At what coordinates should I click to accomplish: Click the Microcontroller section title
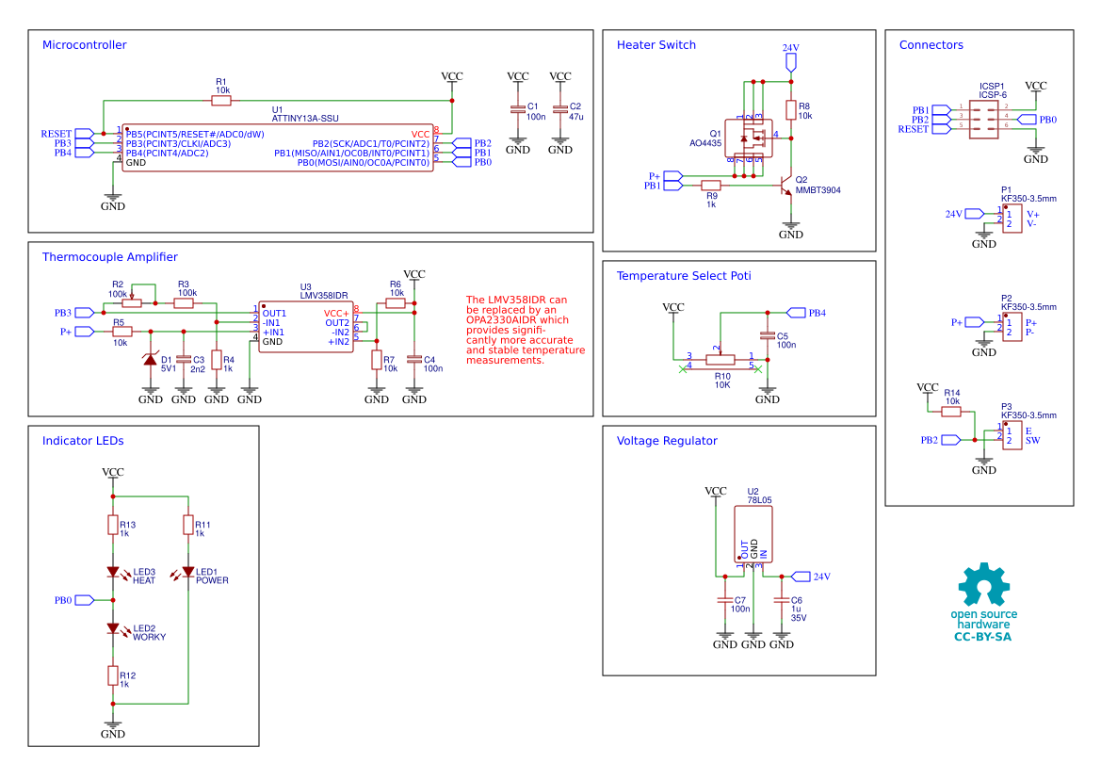(84, 45)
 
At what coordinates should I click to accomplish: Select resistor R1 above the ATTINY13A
(220, 100)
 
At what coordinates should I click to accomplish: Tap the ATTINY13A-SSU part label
(304, 119)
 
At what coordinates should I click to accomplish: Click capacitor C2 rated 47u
(560, 109)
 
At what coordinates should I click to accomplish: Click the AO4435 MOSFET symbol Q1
(752, 138)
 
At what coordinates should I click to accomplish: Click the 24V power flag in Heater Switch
(790, 62)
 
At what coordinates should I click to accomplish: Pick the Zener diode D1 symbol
(151, 360)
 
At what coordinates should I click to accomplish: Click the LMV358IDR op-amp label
(323, 296)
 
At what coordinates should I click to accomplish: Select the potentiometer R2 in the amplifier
(132, 302)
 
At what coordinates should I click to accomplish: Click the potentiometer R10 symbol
(721, 358)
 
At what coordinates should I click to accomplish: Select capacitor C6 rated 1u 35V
(782, 599)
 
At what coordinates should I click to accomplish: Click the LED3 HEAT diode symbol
(113, 572)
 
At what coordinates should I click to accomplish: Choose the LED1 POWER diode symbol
(188, 572)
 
